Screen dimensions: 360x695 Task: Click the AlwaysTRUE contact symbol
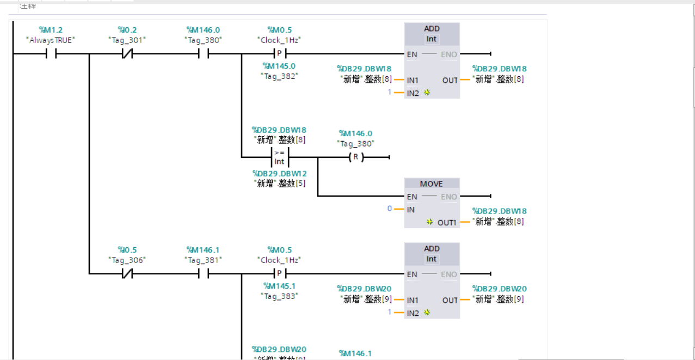tap(51, 54)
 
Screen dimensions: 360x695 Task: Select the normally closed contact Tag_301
tap(127, 54)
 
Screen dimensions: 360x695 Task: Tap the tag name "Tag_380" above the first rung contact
tap(203, 40)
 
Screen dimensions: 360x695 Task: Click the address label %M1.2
tap(51, 30)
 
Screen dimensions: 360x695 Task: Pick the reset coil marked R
tap(356, 157)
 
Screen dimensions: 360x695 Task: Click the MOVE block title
tap(432, 184)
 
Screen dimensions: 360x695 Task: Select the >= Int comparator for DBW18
tap(279, 157)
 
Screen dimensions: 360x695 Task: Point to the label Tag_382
tap(279, 76)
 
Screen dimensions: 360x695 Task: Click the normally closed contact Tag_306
tap(127, 273)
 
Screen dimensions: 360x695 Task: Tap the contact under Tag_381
tap(203, 273)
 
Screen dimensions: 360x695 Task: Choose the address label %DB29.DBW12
tap(279, 174)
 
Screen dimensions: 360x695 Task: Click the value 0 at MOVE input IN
tap(389, 209)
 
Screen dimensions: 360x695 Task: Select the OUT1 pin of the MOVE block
tap(447, 222)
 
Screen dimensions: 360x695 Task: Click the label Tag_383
tap(279, 296)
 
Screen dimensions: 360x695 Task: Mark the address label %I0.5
tap(127, 250)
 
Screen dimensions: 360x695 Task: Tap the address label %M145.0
tap(279, 66)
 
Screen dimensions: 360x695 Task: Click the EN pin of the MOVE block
tap(413, 197)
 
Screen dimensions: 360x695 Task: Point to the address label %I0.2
tap(127, 30)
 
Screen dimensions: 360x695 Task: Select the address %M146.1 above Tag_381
tap(203, 250)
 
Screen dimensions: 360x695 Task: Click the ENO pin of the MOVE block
tap(448, 197)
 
